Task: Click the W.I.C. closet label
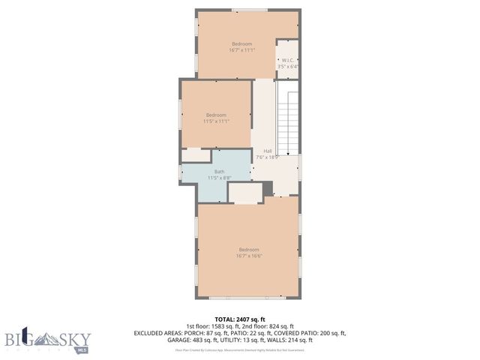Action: [287, 60]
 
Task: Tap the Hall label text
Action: [267, 151]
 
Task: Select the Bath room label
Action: [219, 172]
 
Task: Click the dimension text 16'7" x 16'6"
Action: [248, 256]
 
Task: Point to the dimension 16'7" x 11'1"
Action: [242, 50]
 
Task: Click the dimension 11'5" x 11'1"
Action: [216, 121]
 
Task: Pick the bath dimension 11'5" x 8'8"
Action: [219, 178]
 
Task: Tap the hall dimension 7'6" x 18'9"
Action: [267, 157]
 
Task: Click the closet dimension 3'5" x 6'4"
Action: [288, 66]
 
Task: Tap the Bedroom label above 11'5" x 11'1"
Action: [216, 114]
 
